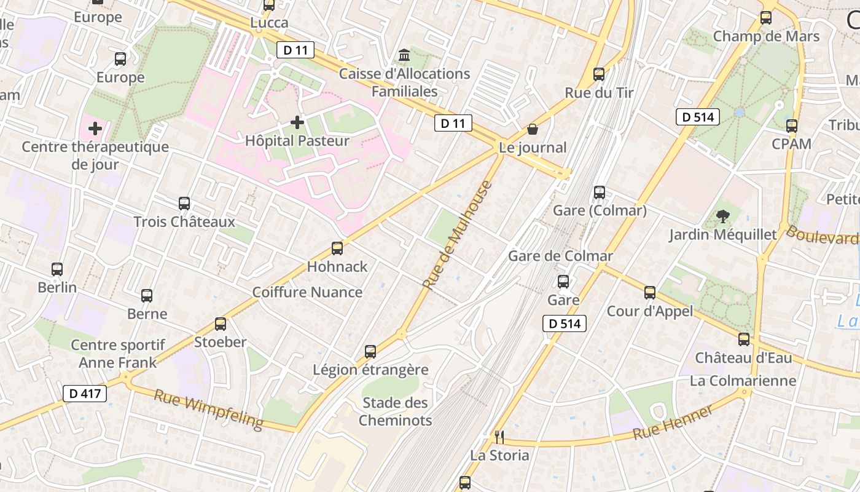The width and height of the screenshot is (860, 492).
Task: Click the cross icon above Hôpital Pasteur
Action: [x=297, y=122]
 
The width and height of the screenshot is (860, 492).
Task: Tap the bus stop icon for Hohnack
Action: [x=337, y=248]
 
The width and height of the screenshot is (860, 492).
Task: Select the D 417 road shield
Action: [x=85, y=393]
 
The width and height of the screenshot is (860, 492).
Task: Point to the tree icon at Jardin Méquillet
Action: [x=723, y=216]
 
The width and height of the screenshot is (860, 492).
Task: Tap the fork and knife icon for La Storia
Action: [x=499, y=437]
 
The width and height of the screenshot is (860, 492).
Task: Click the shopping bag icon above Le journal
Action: [x=533, y=129]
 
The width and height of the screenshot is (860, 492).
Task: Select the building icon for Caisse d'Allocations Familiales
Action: [x=404, y=56]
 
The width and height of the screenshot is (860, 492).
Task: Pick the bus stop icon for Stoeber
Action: [x=221, y=324]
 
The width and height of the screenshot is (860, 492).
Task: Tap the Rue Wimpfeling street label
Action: [x=208, y=409]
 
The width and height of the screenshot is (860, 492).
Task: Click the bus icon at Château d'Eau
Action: [x=744, y=339]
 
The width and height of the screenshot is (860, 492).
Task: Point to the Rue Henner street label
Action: [x=673, y=423]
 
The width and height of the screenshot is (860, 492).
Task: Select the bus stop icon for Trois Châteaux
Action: [x=184, y=204]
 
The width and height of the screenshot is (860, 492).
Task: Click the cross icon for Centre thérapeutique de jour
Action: [x=95, y=129]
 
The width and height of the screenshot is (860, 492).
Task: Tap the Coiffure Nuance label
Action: [x=307, y=292]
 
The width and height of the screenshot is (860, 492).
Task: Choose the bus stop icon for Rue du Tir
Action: [x=599, y=74]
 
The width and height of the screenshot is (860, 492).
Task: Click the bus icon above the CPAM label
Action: [x=792, y=126]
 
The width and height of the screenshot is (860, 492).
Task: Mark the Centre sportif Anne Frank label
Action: [x=118, y=354]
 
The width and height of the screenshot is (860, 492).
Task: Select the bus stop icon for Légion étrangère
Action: [x=370, y=352]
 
